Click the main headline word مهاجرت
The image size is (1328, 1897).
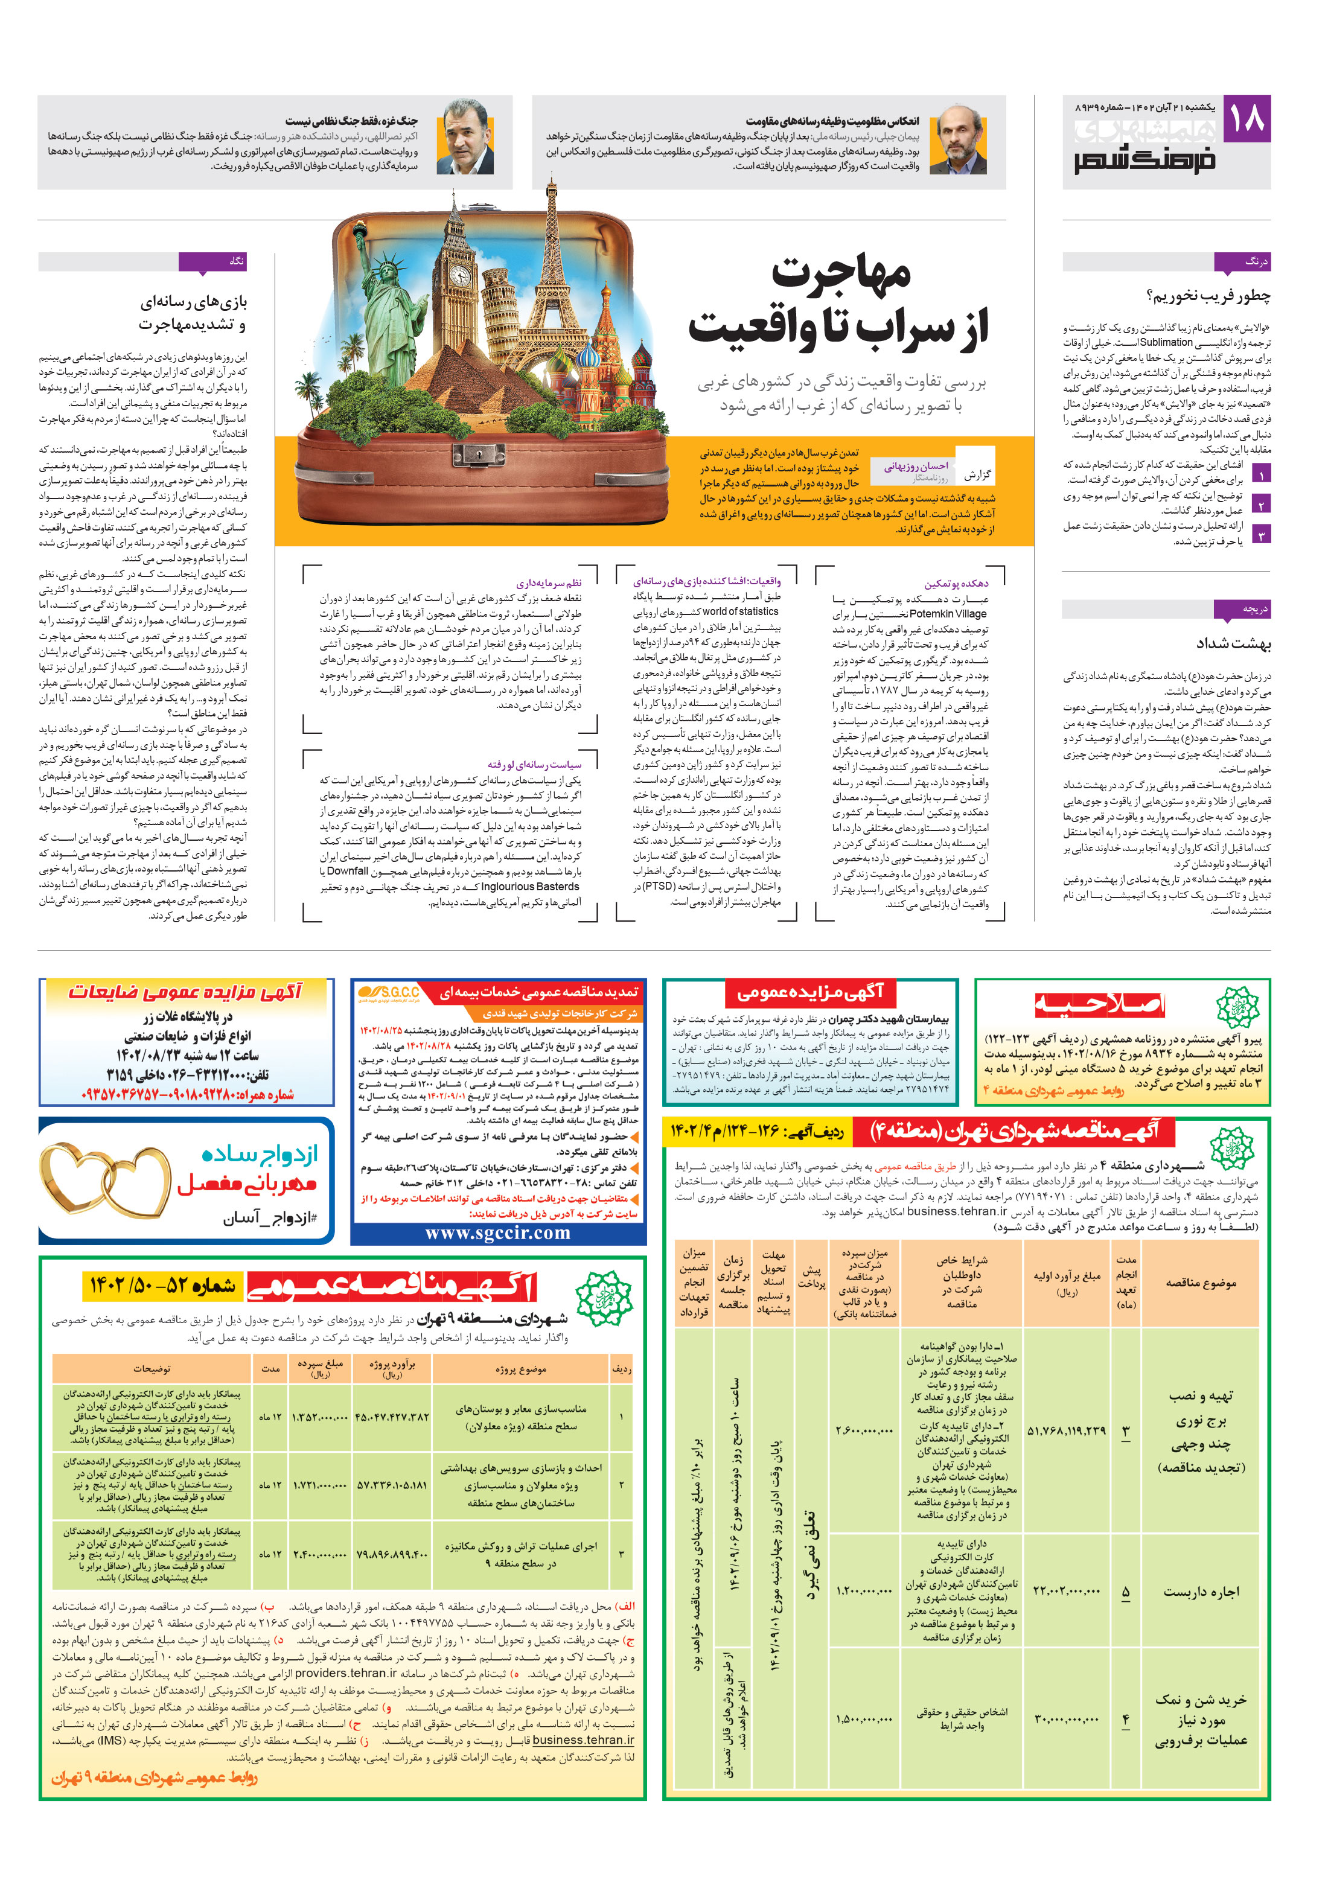coord(841,273)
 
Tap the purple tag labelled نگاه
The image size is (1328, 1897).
coord(212,262)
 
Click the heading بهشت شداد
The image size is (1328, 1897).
coord(1233,643)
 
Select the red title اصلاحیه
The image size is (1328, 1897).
coord(1099,1005)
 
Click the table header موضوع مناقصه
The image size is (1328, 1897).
coord(1201,1283)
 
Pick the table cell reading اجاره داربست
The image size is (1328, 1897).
coord(1201,1592)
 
